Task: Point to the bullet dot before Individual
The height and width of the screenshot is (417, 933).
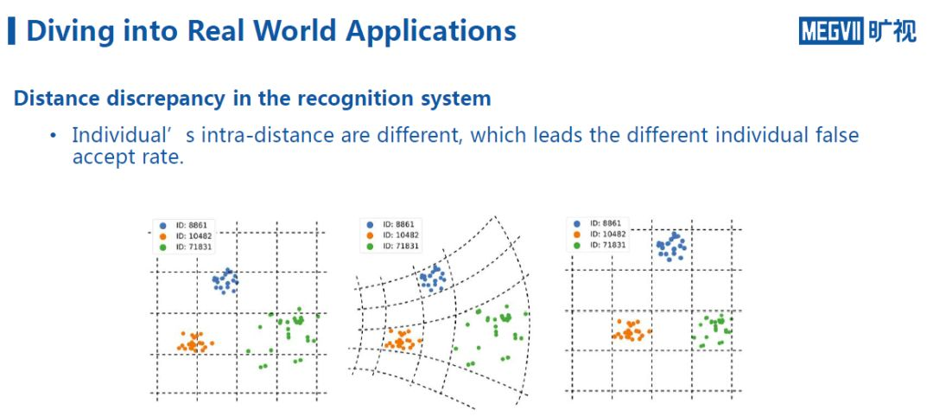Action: (54, 136)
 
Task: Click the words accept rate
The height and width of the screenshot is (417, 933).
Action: (128, 157)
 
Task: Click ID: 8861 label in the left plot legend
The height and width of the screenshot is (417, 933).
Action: (193, 226)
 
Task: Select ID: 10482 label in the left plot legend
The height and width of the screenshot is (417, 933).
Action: (194, 236)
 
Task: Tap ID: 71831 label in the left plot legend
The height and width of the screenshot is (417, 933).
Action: (194, 247)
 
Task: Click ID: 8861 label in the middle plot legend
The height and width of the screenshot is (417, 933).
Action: (398, 224)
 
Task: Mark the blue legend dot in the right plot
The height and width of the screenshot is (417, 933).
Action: (577, 223)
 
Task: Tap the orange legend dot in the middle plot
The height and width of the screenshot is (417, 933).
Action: (370, 234)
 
